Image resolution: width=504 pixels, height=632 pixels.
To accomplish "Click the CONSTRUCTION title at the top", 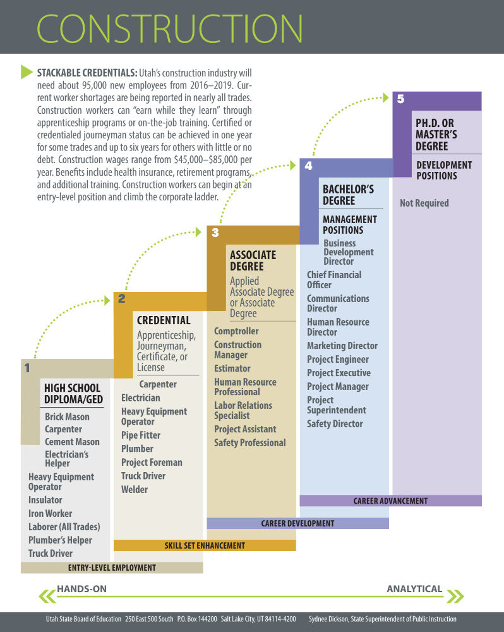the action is (170, 28).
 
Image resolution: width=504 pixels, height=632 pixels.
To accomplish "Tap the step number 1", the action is (27, 368).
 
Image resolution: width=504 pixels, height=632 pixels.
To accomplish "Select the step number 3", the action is (215, 233).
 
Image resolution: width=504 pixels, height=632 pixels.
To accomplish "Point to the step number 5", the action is (400, 99).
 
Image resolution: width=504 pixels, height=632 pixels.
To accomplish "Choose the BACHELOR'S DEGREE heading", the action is (348, 195).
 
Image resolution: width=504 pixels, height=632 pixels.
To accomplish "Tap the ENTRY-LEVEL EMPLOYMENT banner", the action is (112, 568).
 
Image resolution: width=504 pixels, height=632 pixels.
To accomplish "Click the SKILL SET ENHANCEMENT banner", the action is (205, 545).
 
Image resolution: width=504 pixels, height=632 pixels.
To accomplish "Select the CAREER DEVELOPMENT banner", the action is (297, 523).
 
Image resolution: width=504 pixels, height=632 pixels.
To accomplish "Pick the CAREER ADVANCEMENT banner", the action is (391, 501).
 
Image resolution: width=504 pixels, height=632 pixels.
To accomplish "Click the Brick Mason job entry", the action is (68, 416).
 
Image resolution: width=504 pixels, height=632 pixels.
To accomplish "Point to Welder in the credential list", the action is (135, 489).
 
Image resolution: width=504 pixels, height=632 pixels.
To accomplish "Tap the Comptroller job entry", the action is (236, 331).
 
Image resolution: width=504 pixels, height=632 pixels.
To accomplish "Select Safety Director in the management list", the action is (335, 423).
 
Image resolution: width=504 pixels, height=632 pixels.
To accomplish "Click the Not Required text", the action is (424, 203).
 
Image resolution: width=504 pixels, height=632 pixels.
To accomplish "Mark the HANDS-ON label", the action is (81, 589).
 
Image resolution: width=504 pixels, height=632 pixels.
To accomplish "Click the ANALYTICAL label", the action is (414, 589).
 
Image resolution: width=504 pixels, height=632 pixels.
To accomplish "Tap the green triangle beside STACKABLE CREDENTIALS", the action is (26, 72).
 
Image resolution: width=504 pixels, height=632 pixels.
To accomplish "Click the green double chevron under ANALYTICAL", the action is (455, 596).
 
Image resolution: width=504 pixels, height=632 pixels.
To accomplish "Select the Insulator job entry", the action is (45, 500).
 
